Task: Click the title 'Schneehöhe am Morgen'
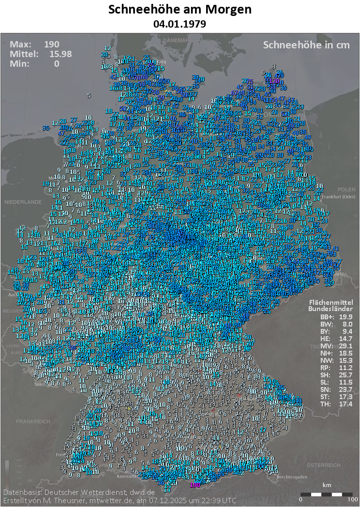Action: tap(180, 10)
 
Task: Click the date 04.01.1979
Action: tap(180, 23)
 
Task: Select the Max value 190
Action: tap(52, 45)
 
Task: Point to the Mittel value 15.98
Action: tap(60, 54)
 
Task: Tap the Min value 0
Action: tap(57, 63)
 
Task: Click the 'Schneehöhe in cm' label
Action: tap(306, 45)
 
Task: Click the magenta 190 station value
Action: tap(195, 484)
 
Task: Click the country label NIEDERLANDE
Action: tap(23, 201)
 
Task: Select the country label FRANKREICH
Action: tap(33, 421)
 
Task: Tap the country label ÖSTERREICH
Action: tap(323, 465)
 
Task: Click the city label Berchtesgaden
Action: tap(292, 477)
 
